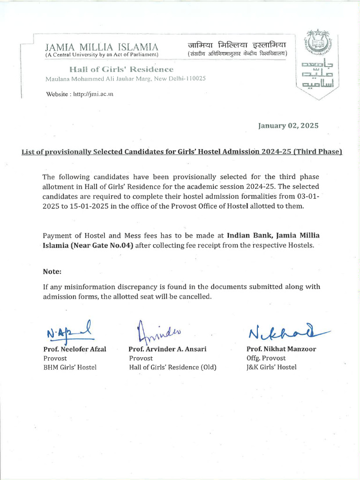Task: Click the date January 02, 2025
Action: click(x=288, y=126)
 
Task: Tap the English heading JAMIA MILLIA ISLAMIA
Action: click(x=101, y=47)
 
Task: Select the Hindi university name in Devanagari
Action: click(x=237, y=45)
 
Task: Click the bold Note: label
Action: click(x=52, y=272)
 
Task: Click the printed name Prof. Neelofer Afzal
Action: click(x=74, y=349)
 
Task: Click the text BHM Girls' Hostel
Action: click(x=69, y=367)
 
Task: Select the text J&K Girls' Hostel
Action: click(x=271, y=367)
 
